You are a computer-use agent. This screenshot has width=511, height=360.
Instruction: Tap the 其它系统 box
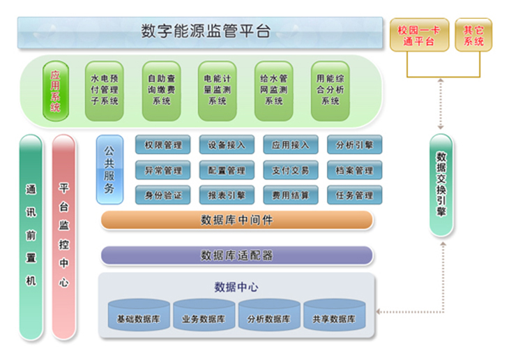pyautogui.click(x=473, y=35)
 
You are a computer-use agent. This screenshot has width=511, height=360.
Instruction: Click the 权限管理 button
pyautogui.click(x=162, y=145)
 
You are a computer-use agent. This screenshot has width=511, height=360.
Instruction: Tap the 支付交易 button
pyautogui.click(x=291, y=170)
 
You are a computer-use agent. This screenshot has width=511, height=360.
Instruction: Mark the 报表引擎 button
pyautogui.click(x=227, y=195)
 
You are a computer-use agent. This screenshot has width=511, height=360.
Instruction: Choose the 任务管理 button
pyautogui.click(x=354, y=195)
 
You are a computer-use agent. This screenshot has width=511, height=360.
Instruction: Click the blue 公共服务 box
pyautogui.click(x=109, y=170)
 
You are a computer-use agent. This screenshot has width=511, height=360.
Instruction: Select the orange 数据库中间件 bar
pyautogui.click(x=236, y=220)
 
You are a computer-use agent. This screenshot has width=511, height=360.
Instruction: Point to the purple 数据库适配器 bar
pyautogui.click(x=236, y=255)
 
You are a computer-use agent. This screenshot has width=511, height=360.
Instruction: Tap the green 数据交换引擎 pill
pyautogui.click(x=441, y=185)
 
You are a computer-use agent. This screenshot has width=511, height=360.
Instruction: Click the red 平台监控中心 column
pyautogui.click(x=63, y=237)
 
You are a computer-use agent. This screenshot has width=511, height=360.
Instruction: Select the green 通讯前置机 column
pyautogui.click(x=31, y=237)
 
